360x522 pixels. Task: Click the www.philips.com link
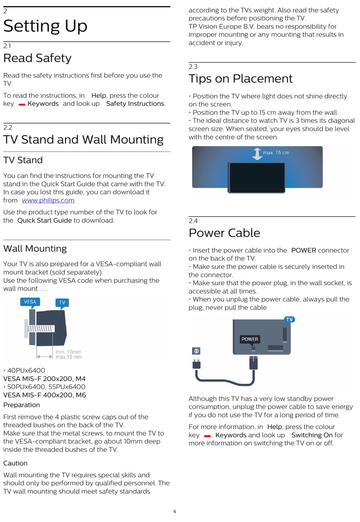(48, 200)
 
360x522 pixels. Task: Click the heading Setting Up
(45, 26)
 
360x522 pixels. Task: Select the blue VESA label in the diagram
(30, 302)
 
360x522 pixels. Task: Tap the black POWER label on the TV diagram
(250, 339)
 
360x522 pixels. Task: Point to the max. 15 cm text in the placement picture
(276, 153)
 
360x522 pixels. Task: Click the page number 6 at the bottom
(175, 511)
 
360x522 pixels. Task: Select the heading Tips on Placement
(241, 79)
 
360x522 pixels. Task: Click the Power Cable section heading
(224, 233)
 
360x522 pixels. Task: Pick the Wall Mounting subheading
(35, 249)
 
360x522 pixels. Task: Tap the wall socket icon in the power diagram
(196, 351)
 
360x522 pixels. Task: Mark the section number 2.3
(193, 67)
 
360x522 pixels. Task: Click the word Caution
(16, 463)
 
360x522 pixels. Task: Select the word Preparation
(22, 405)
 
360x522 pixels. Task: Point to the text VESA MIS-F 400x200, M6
(45, 395)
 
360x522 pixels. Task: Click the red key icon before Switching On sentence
(207, 436)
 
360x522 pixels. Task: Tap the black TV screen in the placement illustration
(257, 178)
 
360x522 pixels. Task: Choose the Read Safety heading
(38, 58)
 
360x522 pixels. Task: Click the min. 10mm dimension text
(68, 352)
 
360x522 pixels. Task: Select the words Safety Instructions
(135, 104)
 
